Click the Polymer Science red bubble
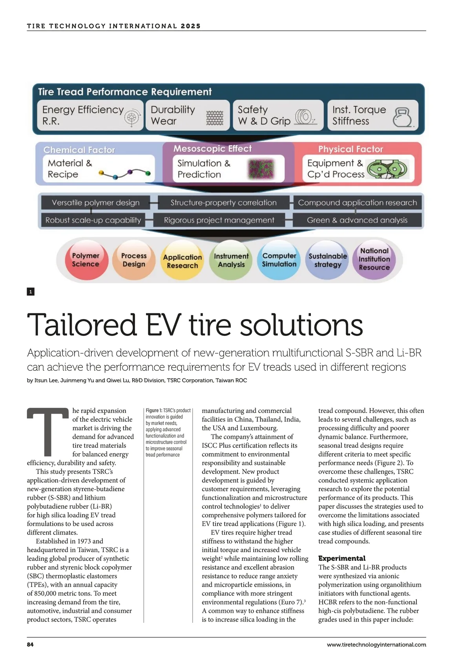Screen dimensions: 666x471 tap(86, 260)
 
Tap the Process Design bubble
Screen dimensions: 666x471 tap(134, 260)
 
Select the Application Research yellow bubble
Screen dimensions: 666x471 tap(183, 261)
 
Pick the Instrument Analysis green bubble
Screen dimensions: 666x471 tap(231, 260)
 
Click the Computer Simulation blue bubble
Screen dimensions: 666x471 tap(279, 260)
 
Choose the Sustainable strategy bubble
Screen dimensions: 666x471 tap(328, 260)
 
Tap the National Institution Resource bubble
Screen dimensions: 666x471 tap(374, 259)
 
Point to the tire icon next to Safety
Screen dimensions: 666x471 tap(305, 117)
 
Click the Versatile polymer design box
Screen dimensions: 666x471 tap(96, 203)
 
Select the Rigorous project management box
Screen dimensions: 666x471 tap(219, 220)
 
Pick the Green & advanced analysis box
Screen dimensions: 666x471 tap(357, 220)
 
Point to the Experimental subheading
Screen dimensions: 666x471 tap(341, 558)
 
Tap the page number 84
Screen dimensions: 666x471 tap(30, 644)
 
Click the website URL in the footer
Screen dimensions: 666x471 tap(376, 644)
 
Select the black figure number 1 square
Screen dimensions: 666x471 tap(31, 291)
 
